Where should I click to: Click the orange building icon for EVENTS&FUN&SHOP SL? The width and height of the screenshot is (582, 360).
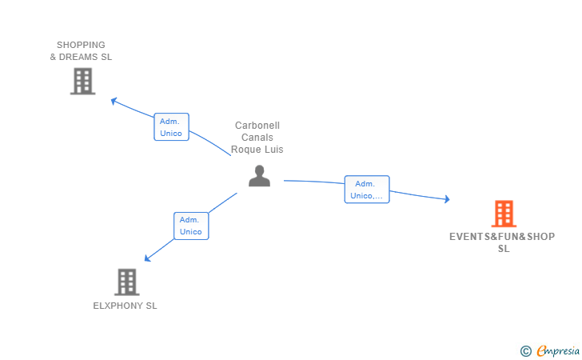tap(504, 214)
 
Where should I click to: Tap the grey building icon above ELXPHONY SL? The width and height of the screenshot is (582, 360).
tap(126, 282)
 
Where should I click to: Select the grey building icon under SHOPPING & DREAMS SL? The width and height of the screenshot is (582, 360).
tap(83, 82)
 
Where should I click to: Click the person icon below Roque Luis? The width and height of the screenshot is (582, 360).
tap(260, 176)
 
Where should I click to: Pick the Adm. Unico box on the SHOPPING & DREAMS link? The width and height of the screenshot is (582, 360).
tap(171, 127)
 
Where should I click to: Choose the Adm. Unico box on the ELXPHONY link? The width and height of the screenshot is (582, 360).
tap(191, 226)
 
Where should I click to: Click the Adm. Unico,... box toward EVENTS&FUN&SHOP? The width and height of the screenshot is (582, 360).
tap(367, 190)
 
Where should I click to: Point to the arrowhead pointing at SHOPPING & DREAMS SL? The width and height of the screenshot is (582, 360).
tap(114, 101)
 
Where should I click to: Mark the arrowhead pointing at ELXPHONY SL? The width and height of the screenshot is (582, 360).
tap(147, 258)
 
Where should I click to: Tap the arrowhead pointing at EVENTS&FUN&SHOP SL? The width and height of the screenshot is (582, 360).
tap(447, 199)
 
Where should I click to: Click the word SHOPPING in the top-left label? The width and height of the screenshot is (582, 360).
tap(81, 45)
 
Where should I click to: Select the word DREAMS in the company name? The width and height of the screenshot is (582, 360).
tap(78, 57)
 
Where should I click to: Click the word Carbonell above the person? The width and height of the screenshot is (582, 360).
tap(257, 126)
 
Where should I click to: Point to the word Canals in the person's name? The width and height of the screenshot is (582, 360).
tap(257, 138)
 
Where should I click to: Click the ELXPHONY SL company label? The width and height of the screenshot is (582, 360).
tap(125, 306)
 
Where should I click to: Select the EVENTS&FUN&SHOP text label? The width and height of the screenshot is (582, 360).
tap(502, 237)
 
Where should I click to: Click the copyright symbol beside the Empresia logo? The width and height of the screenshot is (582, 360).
tap(525, 351)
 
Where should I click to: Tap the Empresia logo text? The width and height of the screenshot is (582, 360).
tap(558, 351)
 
